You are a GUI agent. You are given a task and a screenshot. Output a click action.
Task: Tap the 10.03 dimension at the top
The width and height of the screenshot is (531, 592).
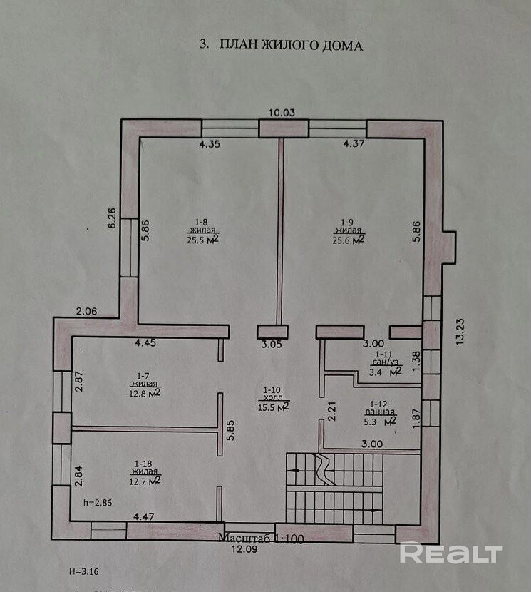click(282, 112)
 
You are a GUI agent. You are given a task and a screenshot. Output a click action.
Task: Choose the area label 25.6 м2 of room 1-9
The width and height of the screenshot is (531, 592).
click(351, 240)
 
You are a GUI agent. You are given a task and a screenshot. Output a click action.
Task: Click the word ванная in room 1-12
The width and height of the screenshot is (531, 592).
click(381, 412)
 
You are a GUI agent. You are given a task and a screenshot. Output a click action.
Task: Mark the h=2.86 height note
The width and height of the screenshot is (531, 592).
click(96, 503)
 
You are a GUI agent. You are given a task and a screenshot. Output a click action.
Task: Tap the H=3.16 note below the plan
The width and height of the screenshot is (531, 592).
click(83, 571)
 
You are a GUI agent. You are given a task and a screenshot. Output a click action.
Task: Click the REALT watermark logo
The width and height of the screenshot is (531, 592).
click(451, 553)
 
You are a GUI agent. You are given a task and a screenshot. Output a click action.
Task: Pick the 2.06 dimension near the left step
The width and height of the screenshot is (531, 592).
click(87, 311)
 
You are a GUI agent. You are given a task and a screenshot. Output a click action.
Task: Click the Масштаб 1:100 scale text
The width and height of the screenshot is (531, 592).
click(262, 539)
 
